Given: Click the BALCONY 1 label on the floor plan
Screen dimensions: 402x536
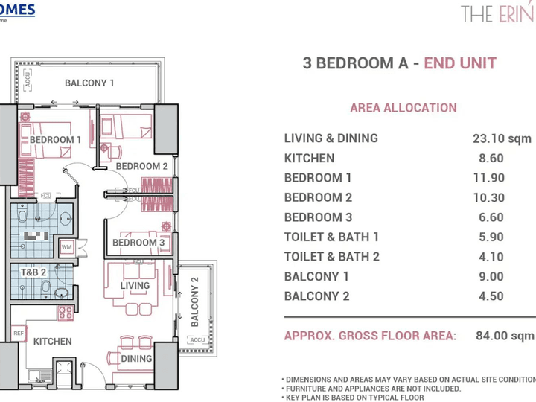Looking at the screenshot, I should coord(89,83).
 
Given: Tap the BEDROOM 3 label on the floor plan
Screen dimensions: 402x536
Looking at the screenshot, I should coord(138,243).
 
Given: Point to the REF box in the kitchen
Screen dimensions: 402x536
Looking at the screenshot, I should coord(19,334).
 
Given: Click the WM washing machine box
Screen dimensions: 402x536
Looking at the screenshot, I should coord(66,247).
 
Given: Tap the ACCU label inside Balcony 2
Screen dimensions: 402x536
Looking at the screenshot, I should coord(197,340).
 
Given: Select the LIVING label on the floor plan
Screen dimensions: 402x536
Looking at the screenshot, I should coord(135,285).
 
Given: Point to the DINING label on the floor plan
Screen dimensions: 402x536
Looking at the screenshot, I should coord(136,358).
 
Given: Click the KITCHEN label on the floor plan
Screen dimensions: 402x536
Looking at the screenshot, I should coord(52,342).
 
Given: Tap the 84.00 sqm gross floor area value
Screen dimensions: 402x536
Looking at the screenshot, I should coord(505,336).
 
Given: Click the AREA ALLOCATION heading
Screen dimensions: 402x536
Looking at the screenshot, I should coord(403,108).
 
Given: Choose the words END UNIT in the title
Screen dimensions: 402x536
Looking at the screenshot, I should coord(460,63).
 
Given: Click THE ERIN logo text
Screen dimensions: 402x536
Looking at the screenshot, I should coord(497,13).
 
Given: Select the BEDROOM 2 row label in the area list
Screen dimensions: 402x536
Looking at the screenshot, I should coord(318,197).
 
